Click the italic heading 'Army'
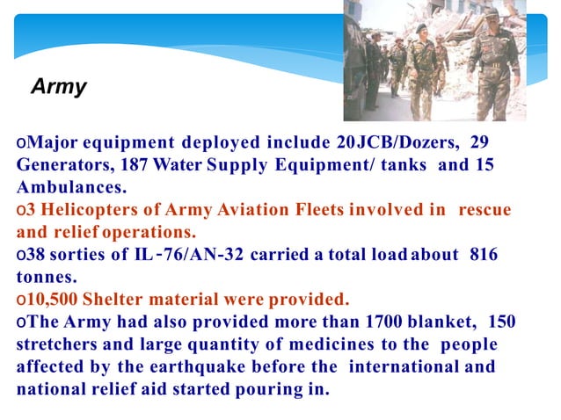click(x=59, y=87)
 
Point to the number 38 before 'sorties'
click(x=35, y=255)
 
